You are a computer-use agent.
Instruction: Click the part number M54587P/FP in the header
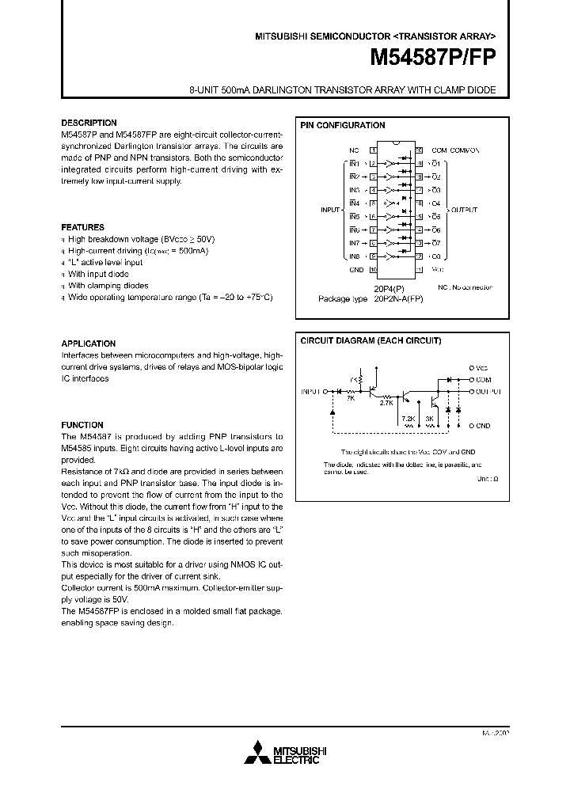pyautogui.click(x=434, y=59)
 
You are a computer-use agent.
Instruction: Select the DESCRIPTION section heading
pyautogui.click(x=89, y=123)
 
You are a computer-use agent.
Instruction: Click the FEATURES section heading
pyautogui.click(x=82, y=227)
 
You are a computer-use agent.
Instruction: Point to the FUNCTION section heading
pyautogui.click(x=82, y=425)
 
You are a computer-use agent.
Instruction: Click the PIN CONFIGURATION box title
pyautogui.click(x=342, y=126)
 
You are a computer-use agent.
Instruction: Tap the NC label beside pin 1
pyautogui.click(x=354, y=150)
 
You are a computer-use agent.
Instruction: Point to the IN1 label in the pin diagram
pyautogui.click(x=354, y=163)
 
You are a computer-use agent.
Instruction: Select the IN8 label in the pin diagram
pyautogui.click(x=354, y=256)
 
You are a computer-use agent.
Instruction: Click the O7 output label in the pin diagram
pyautogui.click(x=435, y=243)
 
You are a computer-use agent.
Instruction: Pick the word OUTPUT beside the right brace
pyautogui.click(x=465, y=210)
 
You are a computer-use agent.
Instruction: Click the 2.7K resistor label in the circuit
pyautogui.click(x=386, y=403)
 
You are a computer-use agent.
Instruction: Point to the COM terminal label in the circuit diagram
pyautogui.click(x=483, y=379)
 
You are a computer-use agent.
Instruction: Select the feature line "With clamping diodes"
pyautogui.click(x=108, y=286)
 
